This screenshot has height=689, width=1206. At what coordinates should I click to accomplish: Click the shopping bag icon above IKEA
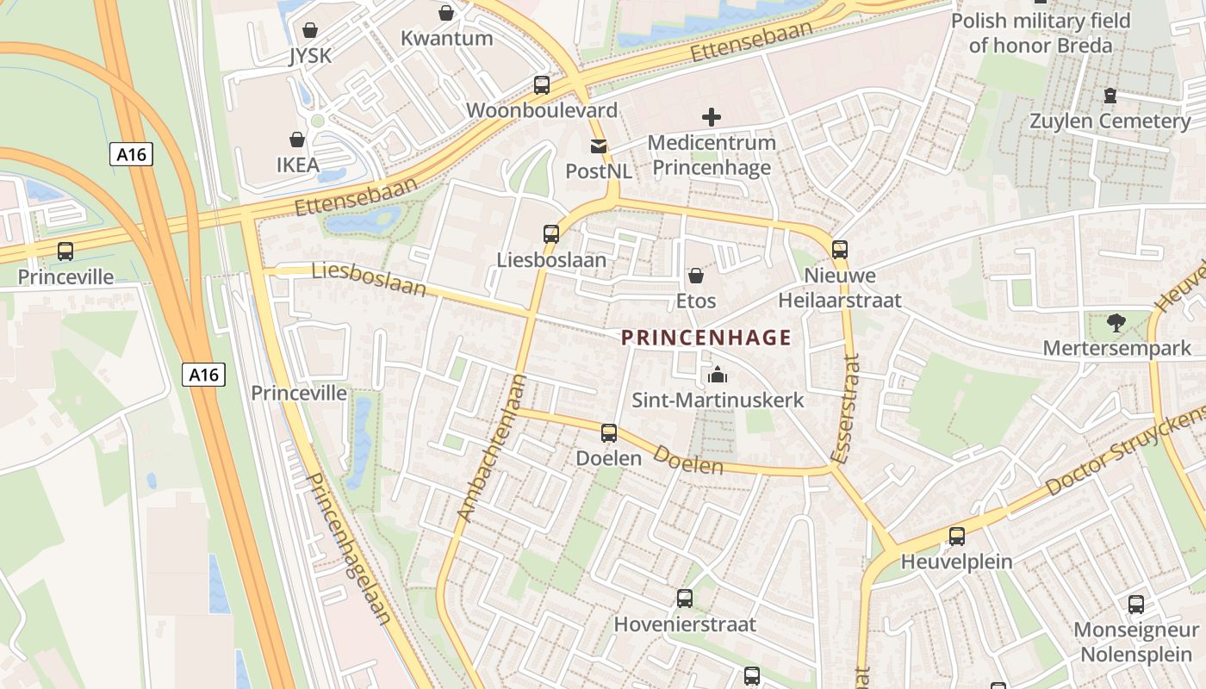[297, 140]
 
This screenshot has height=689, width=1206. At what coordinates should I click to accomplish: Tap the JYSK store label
[310, 56]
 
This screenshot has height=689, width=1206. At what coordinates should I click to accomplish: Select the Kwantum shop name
[446, 38]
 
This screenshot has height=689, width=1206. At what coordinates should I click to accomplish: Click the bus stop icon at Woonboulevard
[541, 85]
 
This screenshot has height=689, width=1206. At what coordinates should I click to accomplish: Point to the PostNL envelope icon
[598, 146]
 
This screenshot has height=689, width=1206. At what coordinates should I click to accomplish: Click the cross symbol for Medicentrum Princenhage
[712, 117]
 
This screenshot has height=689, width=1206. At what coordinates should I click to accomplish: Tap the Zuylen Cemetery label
[1110, 121]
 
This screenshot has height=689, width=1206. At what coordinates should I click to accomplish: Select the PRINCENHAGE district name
[706, 338]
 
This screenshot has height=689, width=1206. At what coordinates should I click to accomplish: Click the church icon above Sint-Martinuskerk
[717, 375]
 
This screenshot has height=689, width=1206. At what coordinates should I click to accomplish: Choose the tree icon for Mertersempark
[1116, 323]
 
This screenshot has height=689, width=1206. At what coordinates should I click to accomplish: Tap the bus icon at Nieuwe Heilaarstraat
[839, 250]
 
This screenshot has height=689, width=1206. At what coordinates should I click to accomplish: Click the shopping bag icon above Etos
[695, 276]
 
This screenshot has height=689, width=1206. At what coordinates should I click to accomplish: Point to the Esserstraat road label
[846, 408]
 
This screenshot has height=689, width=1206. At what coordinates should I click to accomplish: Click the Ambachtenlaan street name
[490, 448]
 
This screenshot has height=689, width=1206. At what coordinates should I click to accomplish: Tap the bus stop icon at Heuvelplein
[956, 537]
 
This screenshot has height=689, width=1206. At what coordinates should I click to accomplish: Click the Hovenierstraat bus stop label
[684, 624]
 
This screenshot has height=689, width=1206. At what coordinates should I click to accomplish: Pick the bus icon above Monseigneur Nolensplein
[1136, 605]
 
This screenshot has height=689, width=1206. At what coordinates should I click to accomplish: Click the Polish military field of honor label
[1040, 33]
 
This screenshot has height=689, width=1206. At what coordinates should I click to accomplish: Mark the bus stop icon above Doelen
[609, 433]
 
